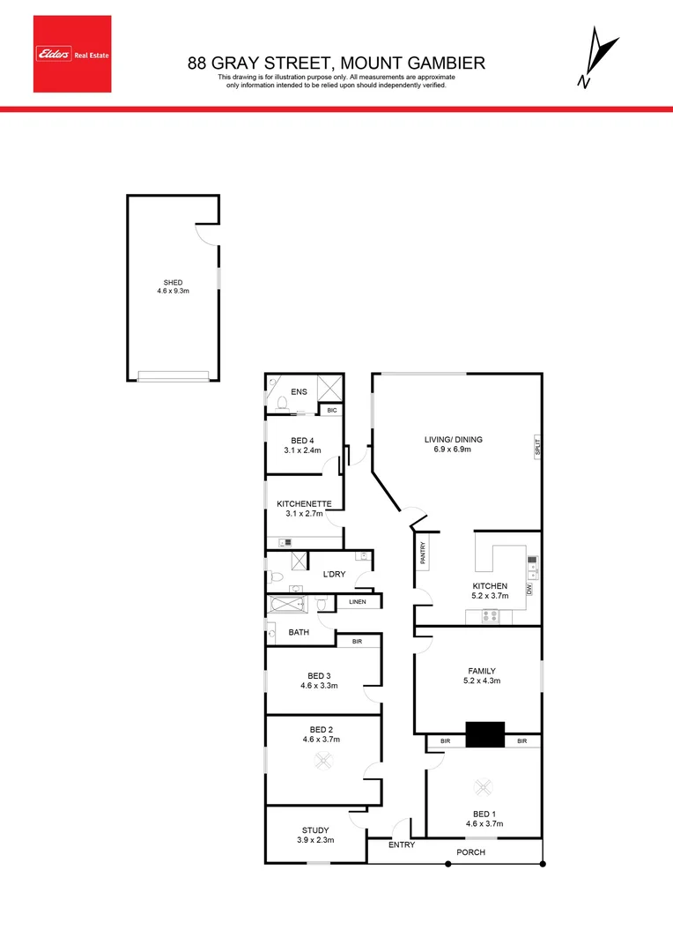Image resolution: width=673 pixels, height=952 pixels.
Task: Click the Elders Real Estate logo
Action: point(72,54)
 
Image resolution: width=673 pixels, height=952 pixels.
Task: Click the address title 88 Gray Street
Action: point(336,63)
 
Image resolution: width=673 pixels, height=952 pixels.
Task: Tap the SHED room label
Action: point(173,282)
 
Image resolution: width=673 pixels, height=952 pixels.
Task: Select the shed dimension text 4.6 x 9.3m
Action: point(173,292)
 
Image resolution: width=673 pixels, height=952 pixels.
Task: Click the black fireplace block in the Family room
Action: point(484,734)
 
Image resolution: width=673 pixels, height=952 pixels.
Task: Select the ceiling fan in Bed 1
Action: point(482,787)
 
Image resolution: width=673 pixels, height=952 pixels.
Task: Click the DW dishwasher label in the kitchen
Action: point(529,588)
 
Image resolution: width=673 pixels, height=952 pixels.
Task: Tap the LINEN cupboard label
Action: point(357,602)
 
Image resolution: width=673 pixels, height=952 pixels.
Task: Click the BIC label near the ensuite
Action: point(331,410)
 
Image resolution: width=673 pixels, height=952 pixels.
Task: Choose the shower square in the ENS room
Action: point(329,388)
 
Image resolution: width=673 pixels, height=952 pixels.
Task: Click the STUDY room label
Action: point(315,830)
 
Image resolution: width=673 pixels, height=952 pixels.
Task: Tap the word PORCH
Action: point(470,852)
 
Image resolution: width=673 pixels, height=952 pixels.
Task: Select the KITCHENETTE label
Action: point(304,503)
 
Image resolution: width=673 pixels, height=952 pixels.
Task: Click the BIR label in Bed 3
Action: point(357,642)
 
